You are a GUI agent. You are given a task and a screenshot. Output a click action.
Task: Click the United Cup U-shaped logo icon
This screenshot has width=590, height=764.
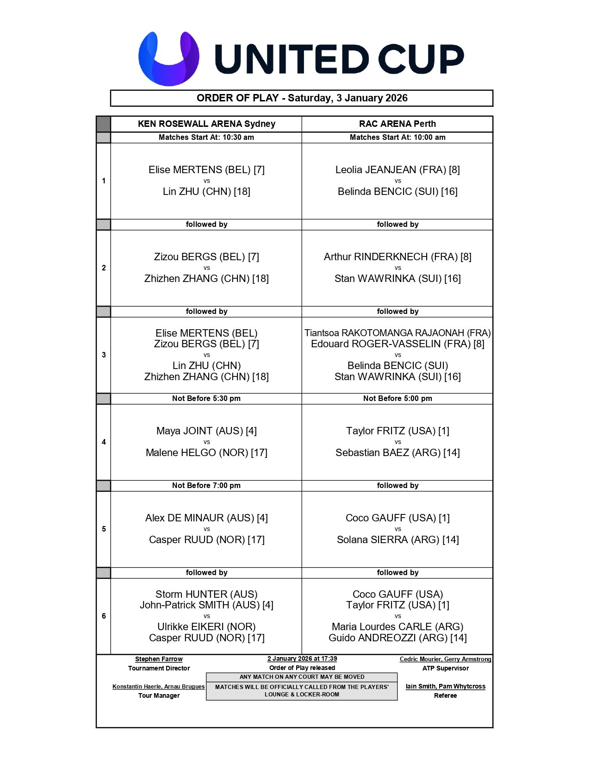click(169, 58)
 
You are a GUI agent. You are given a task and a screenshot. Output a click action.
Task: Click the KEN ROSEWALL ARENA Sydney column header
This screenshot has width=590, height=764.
click(206, 124)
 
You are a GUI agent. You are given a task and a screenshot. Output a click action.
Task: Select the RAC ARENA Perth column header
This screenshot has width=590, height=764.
click(397, 124)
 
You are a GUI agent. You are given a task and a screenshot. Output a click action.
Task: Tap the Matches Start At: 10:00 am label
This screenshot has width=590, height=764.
click(397, 137)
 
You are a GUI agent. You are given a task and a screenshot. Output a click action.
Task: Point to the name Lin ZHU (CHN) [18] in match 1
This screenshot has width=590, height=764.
click(206, 191)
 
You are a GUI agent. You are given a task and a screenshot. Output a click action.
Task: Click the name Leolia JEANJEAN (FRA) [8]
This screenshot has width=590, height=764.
click(397, 169)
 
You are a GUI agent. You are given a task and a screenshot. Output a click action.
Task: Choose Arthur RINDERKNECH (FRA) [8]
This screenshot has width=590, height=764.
click(397, 257)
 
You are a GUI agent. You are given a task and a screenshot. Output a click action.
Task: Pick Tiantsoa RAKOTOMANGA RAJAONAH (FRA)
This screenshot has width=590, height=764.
click(397, 333)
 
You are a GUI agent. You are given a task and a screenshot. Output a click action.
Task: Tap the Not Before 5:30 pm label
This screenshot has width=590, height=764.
click(206, 398)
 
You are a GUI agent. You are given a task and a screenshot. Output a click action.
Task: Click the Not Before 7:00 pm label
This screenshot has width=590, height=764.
click(206, 485)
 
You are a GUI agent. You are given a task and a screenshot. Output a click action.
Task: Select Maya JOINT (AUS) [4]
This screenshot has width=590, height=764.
click(206, 431)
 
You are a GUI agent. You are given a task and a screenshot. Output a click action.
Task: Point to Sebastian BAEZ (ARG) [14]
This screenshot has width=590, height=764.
click(397, 452)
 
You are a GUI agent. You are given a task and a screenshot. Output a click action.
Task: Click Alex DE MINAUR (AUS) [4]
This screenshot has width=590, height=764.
click(206, 518)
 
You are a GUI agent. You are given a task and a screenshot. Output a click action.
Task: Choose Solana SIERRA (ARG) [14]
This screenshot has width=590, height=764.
click(397, 539)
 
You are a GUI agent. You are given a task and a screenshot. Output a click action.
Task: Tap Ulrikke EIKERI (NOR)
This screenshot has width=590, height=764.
click(206, 626)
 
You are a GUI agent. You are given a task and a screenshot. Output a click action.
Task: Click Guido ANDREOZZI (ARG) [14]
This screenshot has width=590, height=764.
click(397, 638)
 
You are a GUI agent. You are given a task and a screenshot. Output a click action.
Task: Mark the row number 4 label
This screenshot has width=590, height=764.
click(104, 442)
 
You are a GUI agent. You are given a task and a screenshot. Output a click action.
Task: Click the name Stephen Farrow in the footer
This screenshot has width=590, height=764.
click(159, 659)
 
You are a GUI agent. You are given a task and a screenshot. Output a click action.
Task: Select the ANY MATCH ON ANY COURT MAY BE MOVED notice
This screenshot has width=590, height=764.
click(302, 677)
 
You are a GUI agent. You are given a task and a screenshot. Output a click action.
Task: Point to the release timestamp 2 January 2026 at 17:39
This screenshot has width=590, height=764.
click(302, 658)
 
